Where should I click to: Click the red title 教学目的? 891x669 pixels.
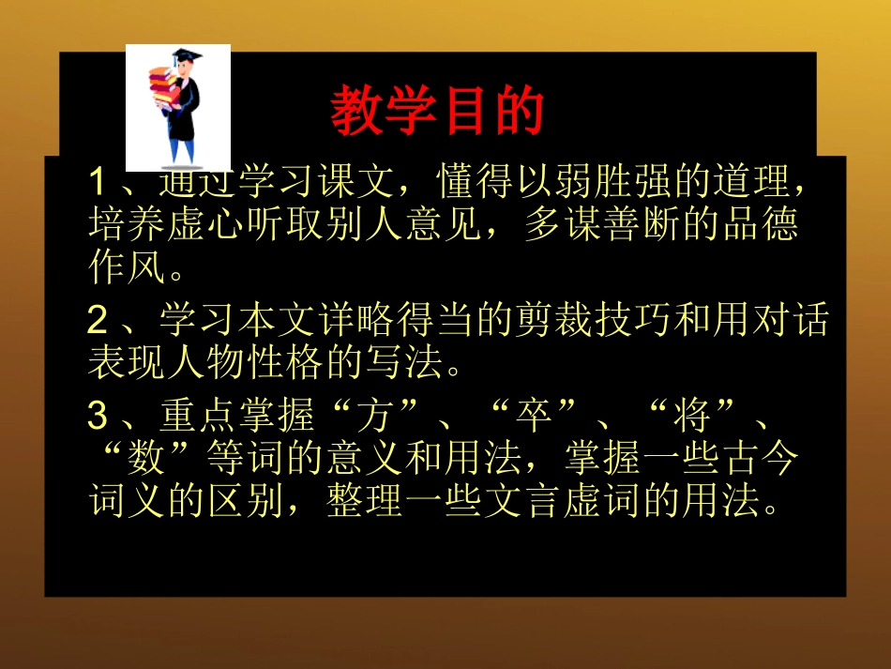click(x=437, y=113)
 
